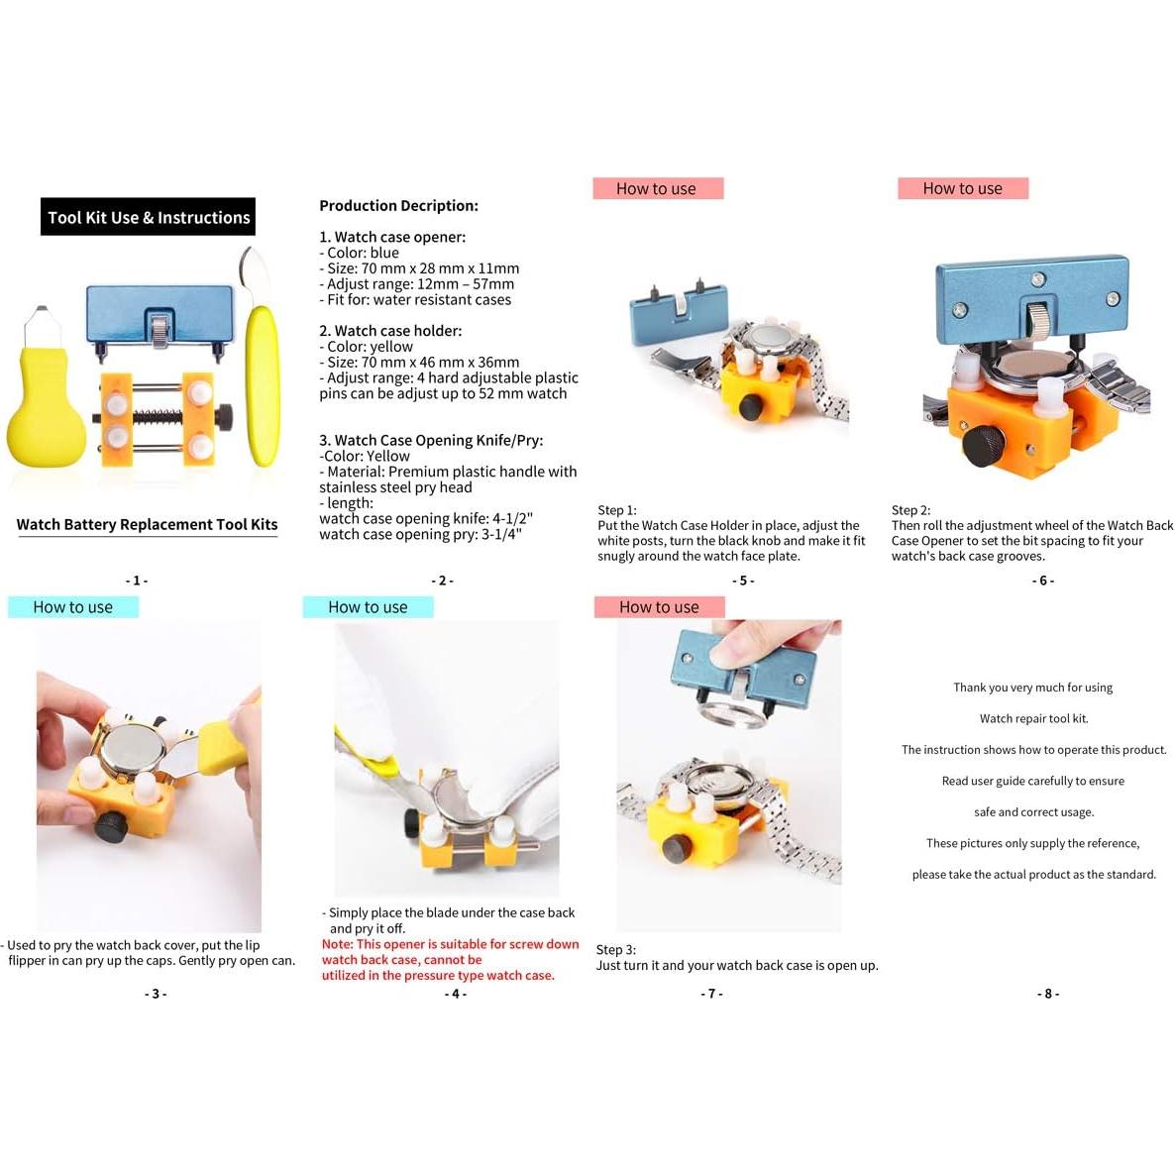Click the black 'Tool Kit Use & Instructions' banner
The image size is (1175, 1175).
(148, 217)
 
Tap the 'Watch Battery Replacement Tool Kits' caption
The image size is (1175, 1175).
(147, 525)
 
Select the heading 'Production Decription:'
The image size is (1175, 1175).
(398, 206)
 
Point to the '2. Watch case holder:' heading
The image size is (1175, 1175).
(390, 331)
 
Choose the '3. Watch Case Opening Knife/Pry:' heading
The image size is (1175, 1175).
(431, 441)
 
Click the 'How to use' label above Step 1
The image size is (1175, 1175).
(657, 189)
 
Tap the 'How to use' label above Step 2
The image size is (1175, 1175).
(962, 189)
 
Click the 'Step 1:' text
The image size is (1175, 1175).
(617, 510)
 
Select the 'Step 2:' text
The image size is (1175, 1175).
(910, 510)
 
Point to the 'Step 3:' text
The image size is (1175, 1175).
(616, 949)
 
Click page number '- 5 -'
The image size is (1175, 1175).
(743, 581)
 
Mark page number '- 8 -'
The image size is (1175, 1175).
(1048, 994)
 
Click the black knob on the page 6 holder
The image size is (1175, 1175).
(984, 445)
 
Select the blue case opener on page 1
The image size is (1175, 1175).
(160, 315)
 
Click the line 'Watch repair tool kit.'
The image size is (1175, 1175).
(1033, 718)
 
